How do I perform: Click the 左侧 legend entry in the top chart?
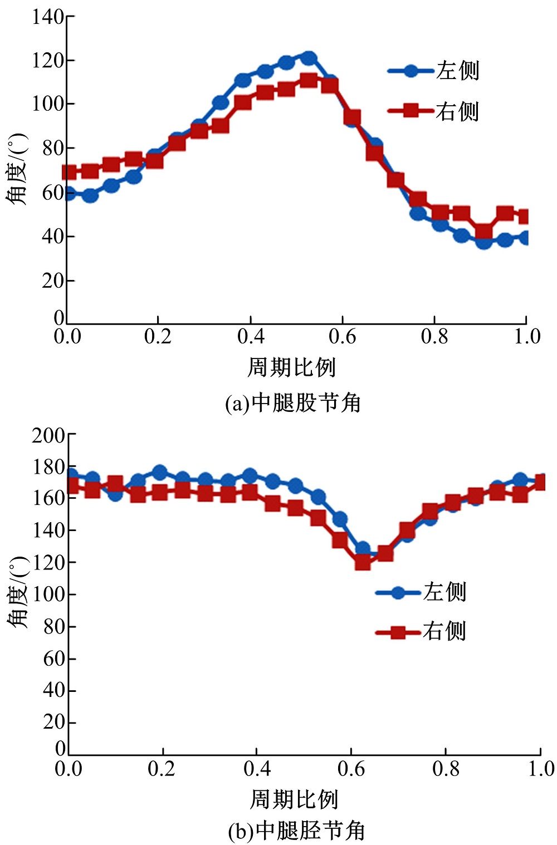click(x=434, y=71)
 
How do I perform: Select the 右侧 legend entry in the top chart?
click(x=434, y=111)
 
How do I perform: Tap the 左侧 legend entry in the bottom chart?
click(x=421, y=592)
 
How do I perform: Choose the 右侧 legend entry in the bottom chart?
click(x=421, y=632)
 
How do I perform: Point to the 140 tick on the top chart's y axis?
click(x=48, y=17)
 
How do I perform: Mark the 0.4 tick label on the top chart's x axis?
click(x=251, y=336)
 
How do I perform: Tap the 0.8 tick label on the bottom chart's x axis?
click(x=446, y=769)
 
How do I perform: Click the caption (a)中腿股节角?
click(x=293, y=402)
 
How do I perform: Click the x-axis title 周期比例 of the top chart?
click(x=291, y=367)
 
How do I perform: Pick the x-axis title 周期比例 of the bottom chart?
click(x=294, y=799)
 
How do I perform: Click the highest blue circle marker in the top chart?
click(x=309, y=58)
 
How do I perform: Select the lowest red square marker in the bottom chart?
click(x=363, y=562)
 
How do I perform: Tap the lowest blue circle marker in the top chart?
click(x=483, y=242)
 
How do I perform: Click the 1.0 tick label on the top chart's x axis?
click(x=526, y=336)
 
